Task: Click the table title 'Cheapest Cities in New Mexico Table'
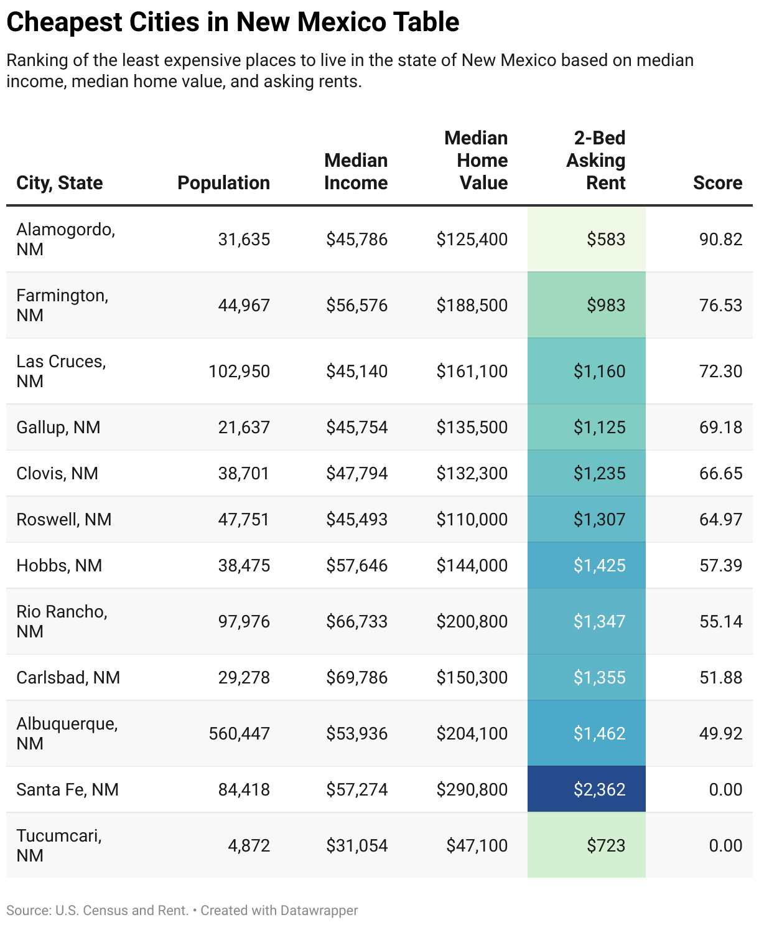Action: click(x=233, y=22)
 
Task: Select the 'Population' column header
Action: click(x=223, y=182)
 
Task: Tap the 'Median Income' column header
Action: click(x=356, y=171)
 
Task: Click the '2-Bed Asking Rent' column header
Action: click(x=595, y=161)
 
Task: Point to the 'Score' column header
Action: click(x=717, y=182)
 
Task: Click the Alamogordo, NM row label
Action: click(x=65, y=239)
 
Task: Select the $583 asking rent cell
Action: click(x=605, y=240)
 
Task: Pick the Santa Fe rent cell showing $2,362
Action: click(x=599, y=789)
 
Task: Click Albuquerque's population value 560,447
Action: click(x=239, y=733)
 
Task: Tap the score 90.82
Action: click(x=720, y=240)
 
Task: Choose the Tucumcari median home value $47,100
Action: click(x=477, y=845)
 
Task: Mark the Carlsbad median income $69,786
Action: click(x=356, y=677)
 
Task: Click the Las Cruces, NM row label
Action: click(x=61, y=371)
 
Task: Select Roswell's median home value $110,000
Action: click(x=472, y=519)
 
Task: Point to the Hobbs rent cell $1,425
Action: click(x=599, y=565)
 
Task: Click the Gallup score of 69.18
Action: click(x=720, y=427)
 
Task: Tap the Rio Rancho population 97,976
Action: click(x=244, y=621)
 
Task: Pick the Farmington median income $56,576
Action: click(x=356, y=305)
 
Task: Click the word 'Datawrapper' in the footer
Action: click(x=319, y=910)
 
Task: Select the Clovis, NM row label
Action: click(x=57, y=473)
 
